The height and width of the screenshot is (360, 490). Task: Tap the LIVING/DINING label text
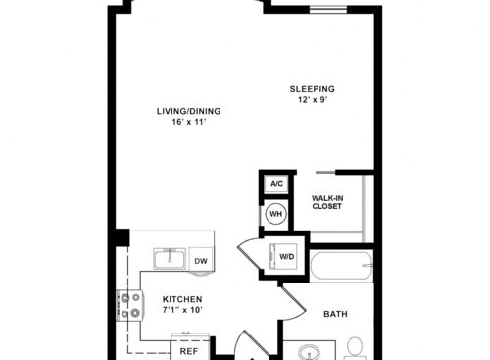click(x=188, y=111)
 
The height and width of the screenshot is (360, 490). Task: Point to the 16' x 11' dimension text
click(x=188, y=124)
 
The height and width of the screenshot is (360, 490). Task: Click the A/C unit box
click(x=276, y=184)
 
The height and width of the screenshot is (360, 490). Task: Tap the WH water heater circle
click(x=276, y=214)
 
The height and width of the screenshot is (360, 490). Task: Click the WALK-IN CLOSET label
click(x=327, y=201)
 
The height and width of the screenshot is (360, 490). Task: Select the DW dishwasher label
click(x=200, y=260)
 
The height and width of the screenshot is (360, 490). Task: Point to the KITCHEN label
click(x=182, y=299)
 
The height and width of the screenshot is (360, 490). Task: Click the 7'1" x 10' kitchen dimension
click(x=182, y=311)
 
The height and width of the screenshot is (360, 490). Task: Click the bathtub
click(x=340, y=267)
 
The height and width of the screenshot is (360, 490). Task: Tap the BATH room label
click(x=336, y=315)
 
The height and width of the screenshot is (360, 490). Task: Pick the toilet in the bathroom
click(x=355, y=347)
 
